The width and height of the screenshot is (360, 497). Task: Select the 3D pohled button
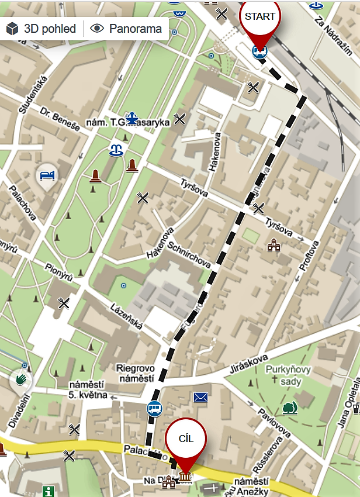point(41,28)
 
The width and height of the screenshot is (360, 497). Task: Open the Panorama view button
point(127,28)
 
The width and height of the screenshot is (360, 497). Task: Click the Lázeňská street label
point(126,316)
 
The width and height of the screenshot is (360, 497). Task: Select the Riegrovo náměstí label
point(135,374)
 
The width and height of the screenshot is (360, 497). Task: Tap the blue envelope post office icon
point(201,398)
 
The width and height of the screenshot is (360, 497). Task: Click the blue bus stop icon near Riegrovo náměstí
point(154,408)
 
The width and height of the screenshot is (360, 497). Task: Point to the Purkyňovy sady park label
point(289,375)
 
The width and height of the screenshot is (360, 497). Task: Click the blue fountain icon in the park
point(116,151)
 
